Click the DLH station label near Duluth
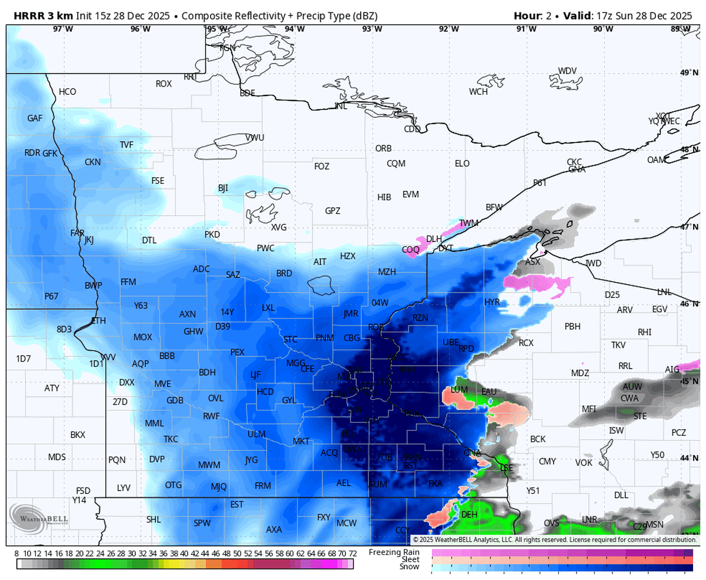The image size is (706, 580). click(434, 238)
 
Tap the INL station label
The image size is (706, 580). click(341, 106)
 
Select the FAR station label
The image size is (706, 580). click(77, 233)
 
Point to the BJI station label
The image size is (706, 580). click(223, 188)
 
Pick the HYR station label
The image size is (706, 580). click(492, 301)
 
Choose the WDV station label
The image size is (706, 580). click(567, 71)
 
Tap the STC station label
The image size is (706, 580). click(291, 339)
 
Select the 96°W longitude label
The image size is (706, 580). click(140, 29)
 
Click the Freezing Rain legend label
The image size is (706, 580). click(394, 552)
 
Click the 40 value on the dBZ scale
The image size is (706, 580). click(185, 554)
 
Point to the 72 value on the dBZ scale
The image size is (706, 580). click(352, 554)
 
